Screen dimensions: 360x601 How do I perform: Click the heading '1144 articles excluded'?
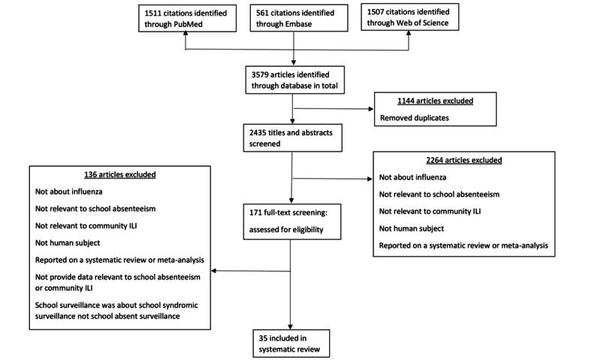click(426, 101)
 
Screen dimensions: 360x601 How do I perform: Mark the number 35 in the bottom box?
click(261, 336)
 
